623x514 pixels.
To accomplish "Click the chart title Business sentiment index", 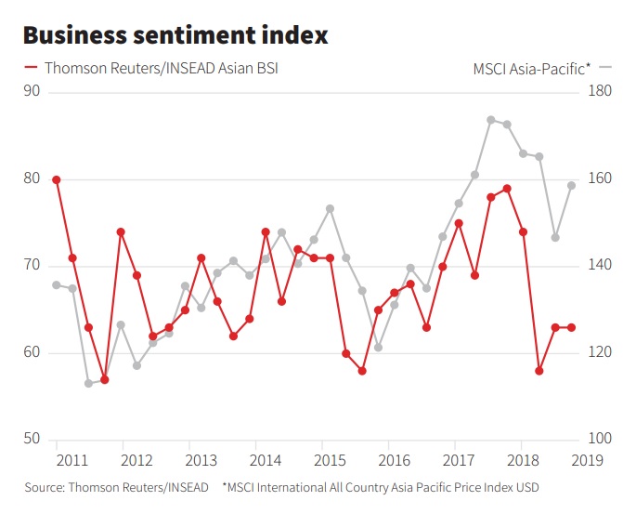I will pyautogui.click(x=175, y=35).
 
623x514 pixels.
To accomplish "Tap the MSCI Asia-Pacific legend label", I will pyautogui.click(x=531, y=68).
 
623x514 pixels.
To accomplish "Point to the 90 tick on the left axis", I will pyautogui.click(x=32, y=90).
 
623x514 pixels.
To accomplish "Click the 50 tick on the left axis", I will pyautogui.click(x=32, y=439).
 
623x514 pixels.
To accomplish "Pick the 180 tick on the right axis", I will pyautogui.click(x=599, y=90).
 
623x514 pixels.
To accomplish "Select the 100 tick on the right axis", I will pyautogui.click(x=599, y=439).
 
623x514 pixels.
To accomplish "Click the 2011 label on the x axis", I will pyautogui.click(x=71, y=460).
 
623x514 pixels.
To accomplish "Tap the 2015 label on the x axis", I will pyautogui.click(x=331, y=460).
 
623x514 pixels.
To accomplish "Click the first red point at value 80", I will pyautogui.click(x=57, y=179).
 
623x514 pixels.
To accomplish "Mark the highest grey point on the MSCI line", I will pyautogui.click(x=491, y=120).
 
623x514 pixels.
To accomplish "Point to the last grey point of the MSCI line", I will pyautogui.click(x=571, y=185).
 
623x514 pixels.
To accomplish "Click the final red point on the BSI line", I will pyautogui.click(x=571, y=327).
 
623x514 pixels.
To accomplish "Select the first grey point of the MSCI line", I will pyautogui.click(x=57, y=284).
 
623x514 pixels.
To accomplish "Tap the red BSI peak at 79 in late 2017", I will pyautogui.click(x=507, y=189).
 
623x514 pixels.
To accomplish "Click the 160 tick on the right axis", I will pyautogui.click(x=599, y=178).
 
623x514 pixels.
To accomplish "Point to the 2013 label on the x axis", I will pyautogui.click(x=201, y=460).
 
